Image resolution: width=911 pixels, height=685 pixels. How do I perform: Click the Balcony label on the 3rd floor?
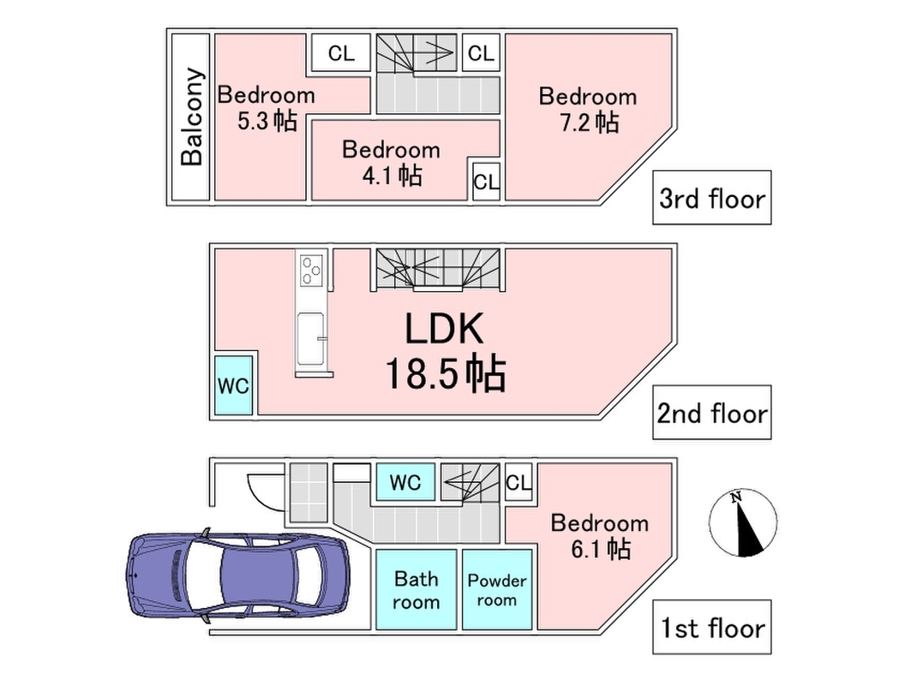coord(192,116)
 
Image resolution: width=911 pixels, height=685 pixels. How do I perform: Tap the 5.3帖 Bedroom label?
coord(266,108)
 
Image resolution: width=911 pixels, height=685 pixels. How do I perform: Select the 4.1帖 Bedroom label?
coord(390,162)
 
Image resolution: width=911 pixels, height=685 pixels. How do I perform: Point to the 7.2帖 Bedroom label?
coord(588,109)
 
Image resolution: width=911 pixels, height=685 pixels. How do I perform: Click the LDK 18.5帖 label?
coord(444,351)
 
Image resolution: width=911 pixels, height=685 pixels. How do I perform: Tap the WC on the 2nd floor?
coord(233,385)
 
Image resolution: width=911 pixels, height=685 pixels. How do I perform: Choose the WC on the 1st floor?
coord(405,482)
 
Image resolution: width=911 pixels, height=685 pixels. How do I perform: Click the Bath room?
coord(416,590)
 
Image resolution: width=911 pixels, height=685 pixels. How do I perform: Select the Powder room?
coord(497,590)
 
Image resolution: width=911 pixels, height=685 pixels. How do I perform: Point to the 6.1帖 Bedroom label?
coord(599,535)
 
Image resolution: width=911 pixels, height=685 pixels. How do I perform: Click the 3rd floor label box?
coord(711,199)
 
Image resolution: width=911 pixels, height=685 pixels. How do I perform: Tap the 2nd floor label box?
coord(711,414)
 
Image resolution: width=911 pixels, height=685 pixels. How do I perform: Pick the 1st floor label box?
coord(711,628)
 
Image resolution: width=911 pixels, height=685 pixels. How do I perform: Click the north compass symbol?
coord(743,522)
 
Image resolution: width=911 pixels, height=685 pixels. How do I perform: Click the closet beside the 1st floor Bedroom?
coord(518,482)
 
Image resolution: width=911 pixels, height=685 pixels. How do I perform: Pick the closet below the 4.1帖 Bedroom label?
coord(486,182)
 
